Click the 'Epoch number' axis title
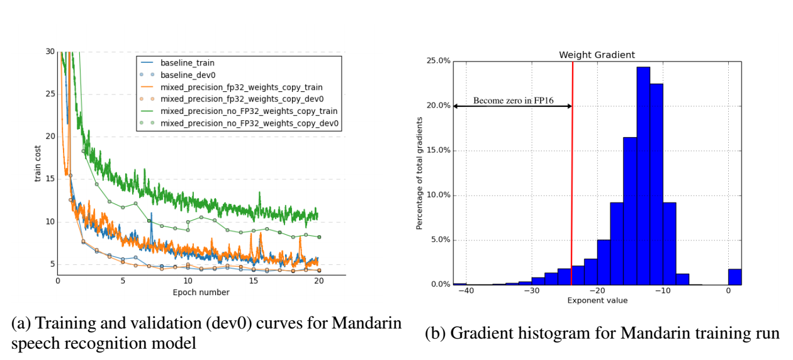click(x=201, y=293)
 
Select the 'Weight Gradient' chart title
click(x=597, y=55)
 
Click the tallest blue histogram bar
click(x=643, y=176)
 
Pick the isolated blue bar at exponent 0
click(x=734, y=277)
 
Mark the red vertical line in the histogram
click(x=572, y=189)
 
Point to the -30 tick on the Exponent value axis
click(x=532, y=291)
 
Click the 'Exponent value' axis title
click(x=597, y=301)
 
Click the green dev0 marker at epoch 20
click(x=319, y=237)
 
